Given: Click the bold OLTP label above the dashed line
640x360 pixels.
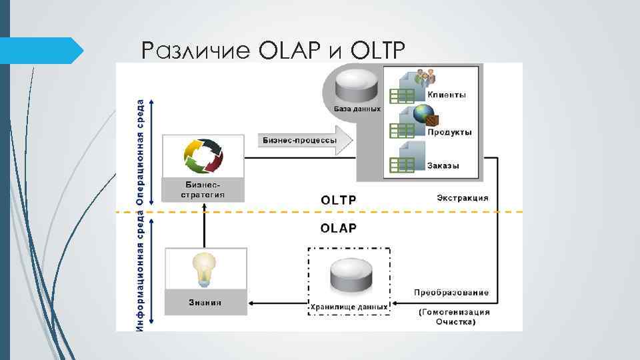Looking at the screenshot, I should pos(339,199).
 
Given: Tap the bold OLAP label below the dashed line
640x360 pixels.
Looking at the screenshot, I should pos(339,228).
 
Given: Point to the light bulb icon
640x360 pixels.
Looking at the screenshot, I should pos(204,268).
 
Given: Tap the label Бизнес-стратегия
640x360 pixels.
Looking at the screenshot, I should pos(203,189).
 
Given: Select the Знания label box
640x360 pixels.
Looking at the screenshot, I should pos(204,302).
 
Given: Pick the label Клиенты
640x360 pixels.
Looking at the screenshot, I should pos(447,95).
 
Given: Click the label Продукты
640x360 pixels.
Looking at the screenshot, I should pos(449,132).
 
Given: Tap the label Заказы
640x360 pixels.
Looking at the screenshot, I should pos(443,165).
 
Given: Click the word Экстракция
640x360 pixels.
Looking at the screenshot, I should pos(463,197).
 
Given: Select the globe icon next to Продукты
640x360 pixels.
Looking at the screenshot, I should pos(424,114).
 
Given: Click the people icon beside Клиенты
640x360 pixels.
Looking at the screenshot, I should pos(424,78).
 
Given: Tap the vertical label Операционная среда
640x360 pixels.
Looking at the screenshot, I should pos(141,152).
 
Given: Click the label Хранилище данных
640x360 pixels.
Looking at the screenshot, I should pos(349,307).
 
